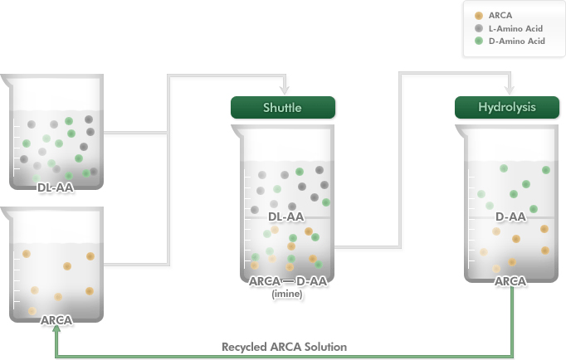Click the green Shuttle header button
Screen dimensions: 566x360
(283, 107)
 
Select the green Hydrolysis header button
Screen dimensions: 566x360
(507, 107)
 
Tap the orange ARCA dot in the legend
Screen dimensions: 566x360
(479, 16)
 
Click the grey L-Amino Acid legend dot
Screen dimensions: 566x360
(479, 28)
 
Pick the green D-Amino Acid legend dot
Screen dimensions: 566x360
(479, 41)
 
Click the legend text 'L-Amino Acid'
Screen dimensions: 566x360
(515, 28)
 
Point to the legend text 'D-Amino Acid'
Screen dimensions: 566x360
(516, 41)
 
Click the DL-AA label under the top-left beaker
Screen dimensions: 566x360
(56, 187)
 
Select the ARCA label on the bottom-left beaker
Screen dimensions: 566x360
(56, 320)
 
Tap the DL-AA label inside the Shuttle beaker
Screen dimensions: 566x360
(285, 216)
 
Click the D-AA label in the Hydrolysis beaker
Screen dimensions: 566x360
(510, 216)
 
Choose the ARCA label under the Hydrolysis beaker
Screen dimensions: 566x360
(510, 281)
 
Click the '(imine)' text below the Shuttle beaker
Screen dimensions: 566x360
(287, 294)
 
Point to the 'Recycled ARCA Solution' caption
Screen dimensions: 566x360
(284, 347)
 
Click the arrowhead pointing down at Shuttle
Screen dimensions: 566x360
(285, 90)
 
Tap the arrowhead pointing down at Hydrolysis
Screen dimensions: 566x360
(510, 90)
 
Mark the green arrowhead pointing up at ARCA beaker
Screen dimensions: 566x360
(56, 328)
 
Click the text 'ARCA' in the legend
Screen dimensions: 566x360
(500, 16)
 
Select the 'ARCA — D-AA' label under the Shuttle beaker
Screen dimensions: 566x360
(288, 281)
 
